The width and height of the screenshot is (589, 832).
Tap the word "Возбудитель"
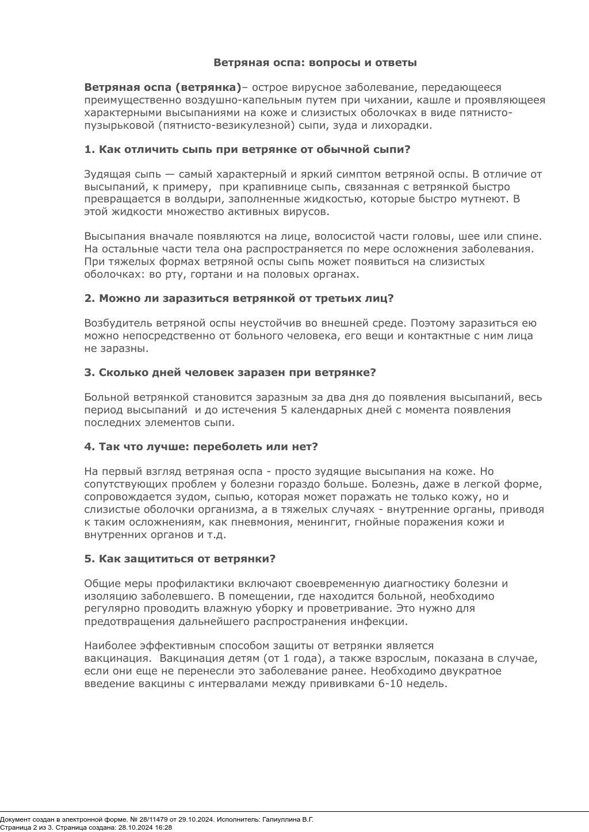pyautogui.click(x=118, y=323)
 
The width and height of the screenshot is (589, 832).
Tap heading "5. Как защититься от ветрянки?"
pyautogui.click(x=180, y=559)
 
